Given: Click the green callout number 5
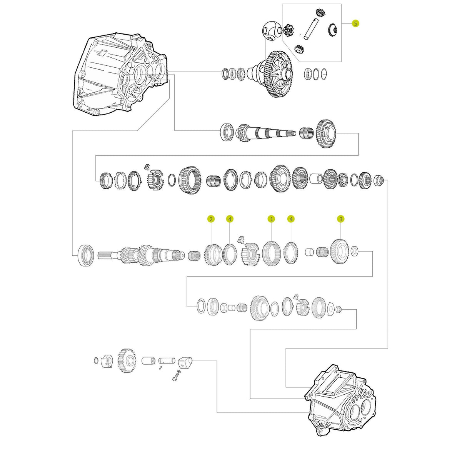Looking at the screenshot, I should tap(355, 23).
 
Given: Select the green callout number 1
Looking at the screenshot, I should tap(271, 219).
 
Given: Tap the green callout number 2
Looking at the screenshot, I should tap(211, 219).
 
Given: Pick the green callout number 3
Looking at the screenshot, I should tap(340, 219).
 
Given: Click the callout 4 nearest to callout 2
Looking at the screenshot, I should tap(230, 219).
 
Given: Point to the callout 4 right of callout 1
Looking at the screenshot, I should tap(291, 219).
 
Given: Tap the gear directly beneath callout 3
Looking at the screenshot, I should tap(339, 252).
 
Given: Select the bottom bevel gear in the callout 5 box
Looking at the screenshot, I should tap(299, 49).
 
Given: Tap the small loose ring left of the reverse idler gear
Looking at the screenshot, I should tap(95, 360).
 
